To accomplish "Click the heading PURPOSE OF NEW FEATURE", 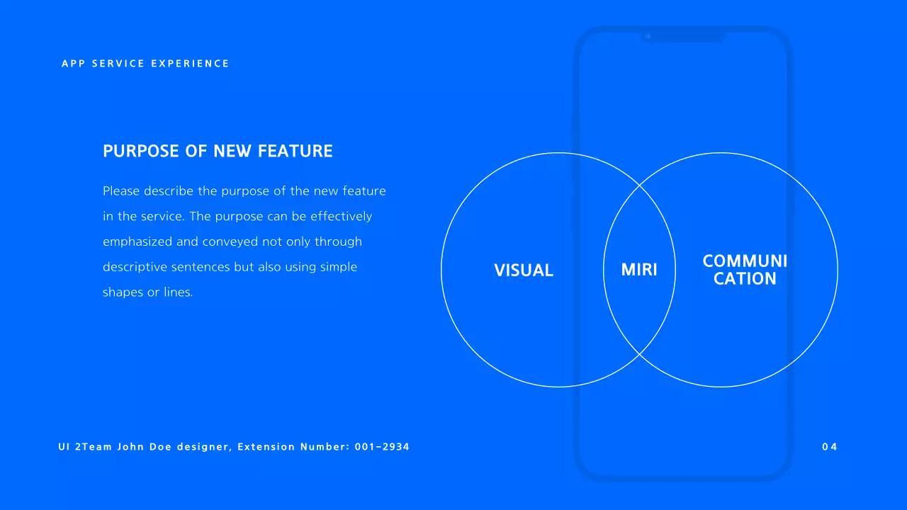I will click(218, 151).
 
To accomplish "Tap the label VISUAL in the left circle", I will click(524, 270).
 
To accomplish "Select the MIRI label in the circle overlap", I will click(639, 270).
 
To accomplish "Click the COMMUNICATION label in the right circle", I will click(745, 270).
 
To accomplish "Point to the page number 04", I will click(830, 447).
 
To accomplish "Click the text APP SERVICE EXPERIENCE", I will click(145, 64).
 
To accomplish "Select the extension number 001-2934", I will click(382, 447).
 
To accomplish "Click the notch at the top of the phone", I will click(683, 36).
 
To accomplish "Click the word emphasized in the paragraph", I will click(137, 242).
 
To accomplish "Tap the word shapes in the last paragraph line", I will click(123, 293).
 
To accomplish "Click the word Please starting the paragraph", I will click(122, 191).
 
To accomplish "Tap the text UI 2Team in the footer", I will click(85, 447).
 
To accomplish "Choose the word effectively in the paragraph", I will click(342, 216).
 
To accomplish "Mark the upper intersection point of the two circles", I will click(639, 186).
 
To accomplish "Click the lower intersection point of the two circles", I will click(639, 354).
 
